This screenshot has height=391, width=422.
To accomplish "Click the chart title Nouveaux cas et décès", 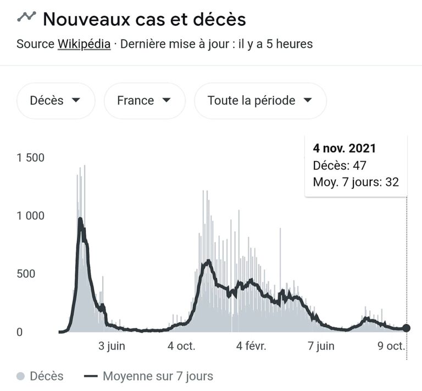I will click(x=144, y=19).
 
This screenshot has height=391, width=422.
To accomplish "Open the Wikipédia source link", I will click(x=84, y=44).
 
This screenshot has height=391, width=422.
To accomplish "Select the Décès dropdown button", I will click(x=55, y=101).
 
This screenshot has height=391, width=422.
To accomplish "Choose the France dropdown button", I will click(x=144, y=101).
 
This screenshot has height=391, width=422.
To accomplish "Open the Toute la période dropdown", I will click(x=260, y=101).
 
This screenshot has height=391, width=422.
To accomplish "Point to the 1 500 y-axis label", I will click(x=30, y=158).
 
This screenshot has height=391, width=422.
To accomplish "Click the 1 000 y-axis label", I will click(x=30, y=216).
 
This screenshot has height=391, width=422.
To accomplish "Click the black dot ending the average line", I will click(x=407, y=328).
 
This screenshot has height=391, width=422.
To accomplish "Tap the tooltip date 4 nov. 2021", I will click(x=345, y=148).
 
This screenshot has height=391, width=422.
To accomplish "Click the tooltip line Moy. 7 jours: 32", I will click(x=356, y=182).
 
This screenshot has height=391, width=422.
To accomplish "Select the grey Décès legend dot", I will click(x=21, y=377).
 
